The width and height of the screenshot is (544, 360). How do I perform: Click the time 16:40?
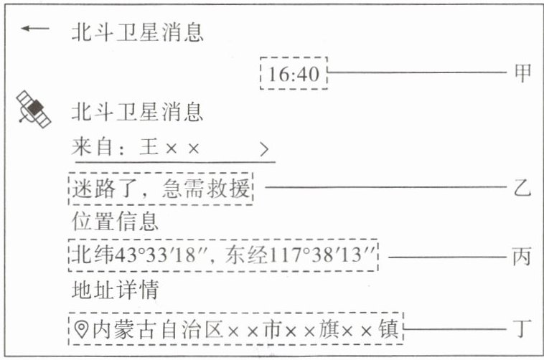pyautogui.click(x=294, y=73)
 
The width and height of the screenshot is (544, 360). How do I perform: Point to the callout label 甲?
pyautogui.click(x=522, y=72)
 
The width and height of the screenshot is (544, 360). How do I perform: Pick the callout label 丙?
pyautogui.click(x=522, y=256)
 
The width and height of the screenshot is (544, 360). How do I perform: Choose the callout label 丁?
pyautogui.click(x=522, y=330)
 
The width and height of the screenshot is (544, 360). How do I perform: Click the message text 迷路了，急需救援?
pyautogui.click(x=161, y=189)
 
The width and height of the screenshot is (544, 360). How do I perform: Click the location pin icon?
pyautogui.click(x=82, y=330)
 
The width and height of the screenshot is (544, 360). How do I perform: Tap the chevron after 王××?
pyautogui.click(x=265, y=149)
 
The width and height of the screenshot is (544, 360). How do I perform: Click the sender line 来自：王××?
pyautogui.click(x=136, y=149)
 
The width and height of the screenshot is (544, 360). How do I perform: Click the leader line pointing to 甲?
pyautogui.click(x=416, y=72)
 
